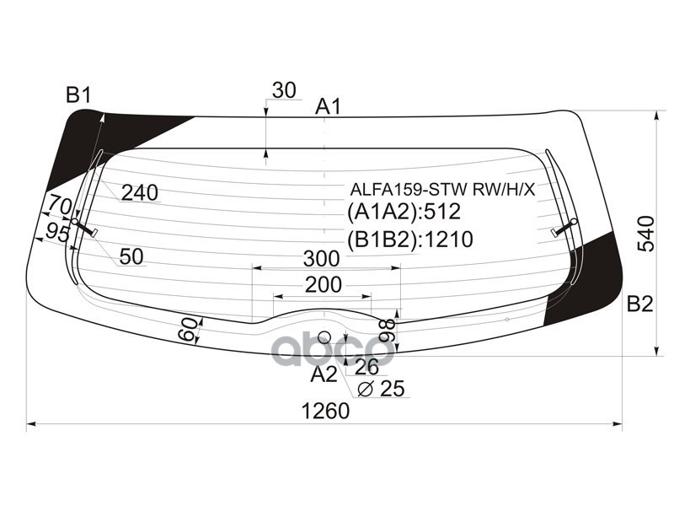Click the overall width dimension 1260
point(325,412)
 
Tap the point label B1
point(78,95)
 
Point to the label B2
point(640,304)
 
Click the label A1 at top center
point(328,107)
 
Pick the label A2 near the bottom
point(324,374)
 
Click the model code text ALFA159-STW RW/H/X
point(442,189)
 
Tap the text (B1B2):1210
point(409,240)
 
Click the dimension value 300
point(324,257)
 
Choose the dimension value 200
point(324,285)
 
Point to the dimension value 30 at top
point(285,90)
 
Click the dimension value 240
point(139,193)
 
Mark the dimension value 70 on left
point(59,205)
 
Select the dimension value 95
point(57,234)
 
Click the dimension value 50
point(131,257)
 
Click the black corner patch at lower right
point(589,278)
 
